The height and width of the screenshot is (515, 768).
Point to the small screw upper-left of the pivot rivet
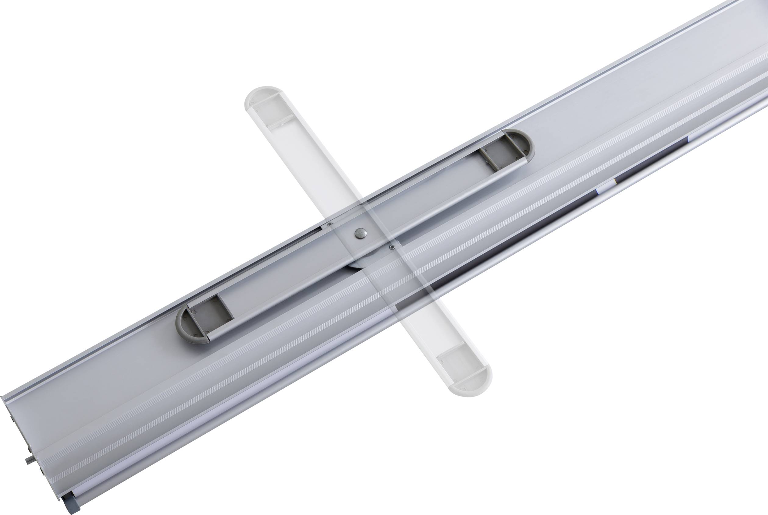pyautogui.click(x=330, y=224)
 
